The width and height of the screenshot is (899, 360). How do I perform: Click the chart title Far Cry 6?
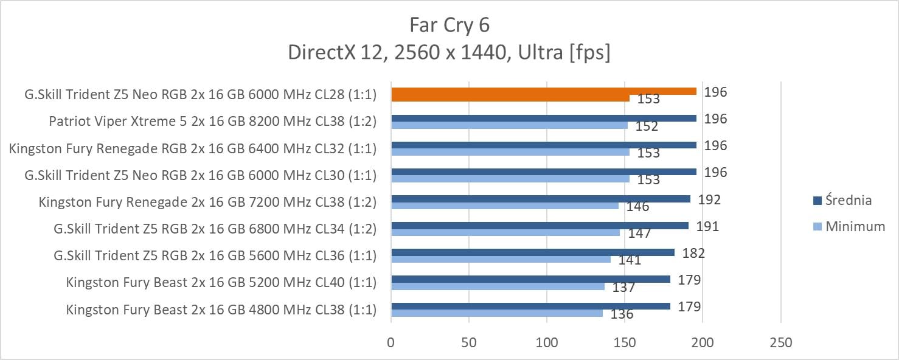(x=450, y=25)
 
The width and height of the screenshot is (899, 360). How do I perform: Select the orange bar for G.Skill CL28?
(x=544, y=91)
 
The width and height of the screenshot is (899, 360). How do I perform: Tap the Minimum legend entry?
(x=854, y=226)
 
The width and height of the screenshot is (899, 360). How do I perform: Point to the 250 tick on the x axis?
(x=780, y=343)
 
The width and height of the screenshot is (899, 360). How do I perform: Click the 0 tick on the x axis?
(x=391, y=343)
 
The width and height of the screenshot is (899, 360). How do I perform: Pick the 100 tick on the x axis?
(x=547, y=343)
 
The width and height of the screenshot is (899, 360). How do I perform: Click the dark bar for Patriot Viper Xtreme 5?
(x=544, y=118)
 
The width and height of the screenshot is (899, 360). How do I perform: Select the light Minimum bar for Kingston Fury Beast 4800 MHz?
(x=497, y=313)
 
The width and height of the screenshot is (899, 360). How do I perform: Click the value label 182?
(x=693, y=253)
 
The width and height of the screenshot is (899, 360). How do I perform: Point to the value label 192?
(x=709, y=199)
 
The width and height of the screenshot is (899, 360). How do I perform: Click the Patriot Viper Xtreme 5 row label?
(x=212, y=122)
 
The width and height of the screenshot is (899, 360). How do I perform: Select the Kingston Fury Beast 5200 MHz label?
(x=221, y=283)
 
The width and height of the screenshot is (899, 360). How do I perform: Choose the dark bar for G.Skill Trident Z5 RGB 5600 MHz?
(x=533, y=252)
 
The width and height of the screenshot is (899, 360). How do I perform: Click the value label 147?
(x=639, y=233)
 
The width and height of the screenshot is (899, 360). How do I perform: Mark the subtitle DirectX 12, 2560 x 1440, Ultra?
(x=450, y=53)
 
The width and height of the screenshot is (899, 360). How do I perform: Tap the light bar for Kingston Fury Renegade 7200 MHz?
(x=505, y=206)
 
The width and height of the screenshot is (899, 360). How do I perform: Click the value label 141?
(x=630, y=260)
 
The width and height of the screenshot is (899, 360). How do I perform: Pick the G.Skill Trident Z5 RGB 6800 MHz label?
(x=215, y=229)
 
